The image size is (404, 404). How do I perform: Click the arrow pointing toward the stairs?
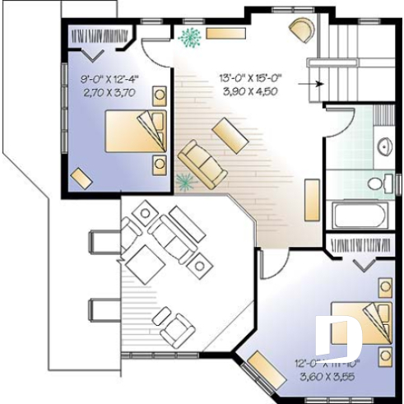(x=308, y=83)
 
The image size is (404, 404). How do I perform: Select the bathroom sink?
(x=384, y=146)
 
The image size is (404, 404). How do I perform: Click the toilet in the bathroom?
(x=381, y=183)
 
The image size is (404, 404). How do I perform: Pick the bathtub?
(x=358, y=216)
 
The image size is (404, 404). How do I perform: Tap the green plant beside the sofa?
(x=183, y=182)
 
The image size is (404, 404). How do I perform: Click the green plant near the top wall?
(x=190, y=37)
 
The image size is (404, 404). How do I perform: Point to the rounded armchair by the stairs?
(x=301, y=30)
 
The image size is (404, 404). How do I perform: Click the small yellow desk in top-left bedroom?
(x=81, y=178)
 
